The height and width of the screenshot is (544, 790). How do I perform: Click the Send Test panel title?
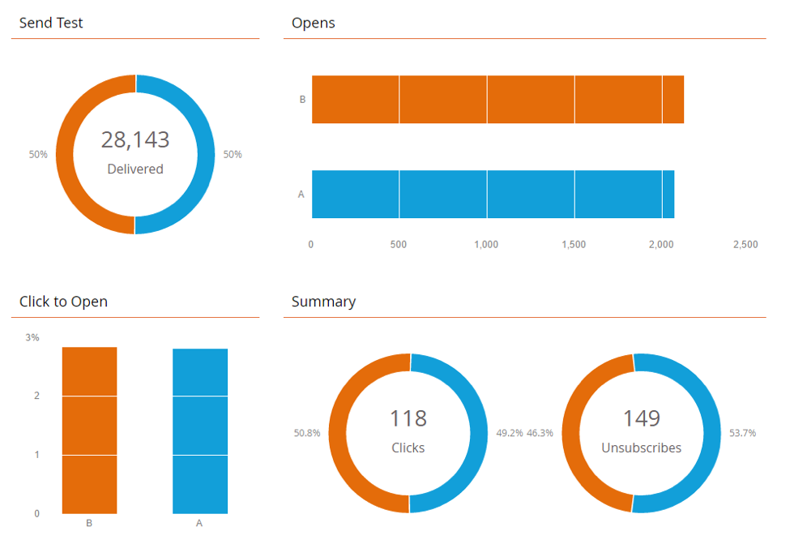(x=51, y=23)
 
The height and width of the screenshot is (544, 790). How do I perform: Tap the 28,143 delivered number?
(x=135, y=139)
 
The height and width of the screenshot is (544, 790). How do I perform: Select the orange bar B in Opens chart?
(x=497, y=100)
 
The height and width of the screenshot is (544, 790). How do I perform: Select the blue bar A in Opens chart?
(x=493, y=195)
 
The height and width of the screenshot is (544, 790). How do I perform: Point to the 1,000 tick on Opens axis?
(x=487, y=245)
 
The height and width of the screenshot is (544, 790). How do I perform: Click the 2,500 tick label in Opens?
(x=745, y=245)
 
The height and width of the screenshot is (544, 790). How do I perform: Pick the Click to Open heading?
(x=64, y=302)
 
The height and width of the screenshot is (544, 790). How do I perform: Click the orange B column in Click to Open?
(x=90, y=430)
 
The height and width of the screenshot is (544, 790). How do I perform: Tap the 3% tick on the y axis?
(x=32, y=337)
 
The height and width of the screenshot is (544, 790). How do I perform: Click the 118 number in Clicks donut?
(x=408, y=418)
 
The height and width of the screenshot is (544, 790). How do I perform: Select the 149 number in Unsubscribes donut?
(x=641, y=418)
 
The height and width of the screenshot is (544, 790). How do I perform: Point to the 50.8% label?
(x=307, y=433)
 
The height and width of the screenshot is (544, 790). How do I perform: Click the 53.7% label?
(x=742, y=433)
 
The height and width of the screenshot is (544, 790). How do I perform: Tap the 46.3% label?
(x=540, y=433)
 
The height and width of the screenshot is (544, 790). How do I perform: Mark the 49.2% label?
(x=509, y=433)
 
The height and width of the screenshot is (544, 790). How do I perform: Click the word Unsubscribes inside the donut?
(x=641, y=448)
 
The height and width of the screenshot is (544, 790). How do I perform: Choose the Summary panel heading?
(x=323, y=302)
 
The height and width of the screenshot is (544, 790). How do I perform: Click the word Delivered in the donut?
(x=135, y=169)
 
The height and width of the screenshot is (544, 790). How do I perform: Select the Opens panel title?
(x=314, y=23)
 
